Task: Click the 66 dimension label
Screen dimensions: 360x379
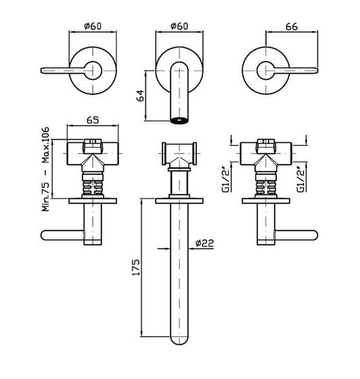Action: pyautogui.click(x=292, y=27)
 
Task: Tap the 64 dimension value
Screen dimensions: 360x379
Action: pyautogui.click(x=140, y=95)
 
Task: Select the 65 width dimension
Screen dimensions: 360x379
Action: pyautogui.click(x=93, y=120)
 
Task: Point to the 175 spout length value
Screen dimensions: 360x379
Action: pyautogui.click(x=136, y=267)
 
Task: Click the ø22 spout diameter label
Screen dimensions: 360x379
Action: pyautogui.click(x=205, y=243)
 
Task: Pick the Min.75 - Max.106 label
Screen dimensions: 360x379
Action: pyautogui.click(x=45, y=169)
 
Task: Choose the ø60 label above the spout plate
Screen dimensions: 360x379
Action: pyautogui.click(x=179, y=26)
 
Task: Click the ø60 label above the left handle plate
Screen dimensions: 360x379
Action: pyautogui.click(x=93, y=26)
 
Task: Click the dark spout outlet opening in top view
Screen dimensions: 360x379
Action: pyautogui.click(x=179, y=120)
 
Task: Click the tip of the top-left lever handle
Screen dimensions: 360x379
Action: pyautogui.click(x=42, y=71)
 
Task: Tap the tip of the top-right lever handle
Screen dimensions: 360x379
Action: pyautogui.click(x=316, y=71)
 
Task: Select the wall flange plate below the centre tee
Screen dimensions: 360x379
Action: pyautogui.click(x=179, y=201)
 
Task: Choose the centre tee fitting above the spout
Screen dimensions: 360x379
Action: pyautogui.click(x=179, y=154)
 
